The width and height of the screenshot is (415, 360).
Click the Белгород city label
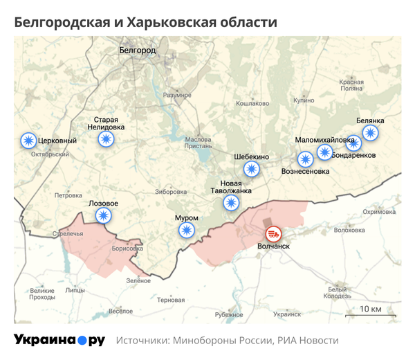tap(138, 51)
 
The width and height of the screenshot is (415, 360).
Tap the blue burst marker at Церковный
tap(28, 141)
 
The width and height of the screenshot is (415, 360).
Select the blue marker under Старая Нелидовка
tap(106, 139)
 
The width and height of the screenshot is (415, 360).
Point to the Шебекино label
tap(251, 156)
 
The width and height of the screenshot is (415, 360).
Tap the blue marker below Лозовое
tap(104, 216)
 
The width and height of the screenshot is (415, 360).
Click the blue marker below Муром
tap(185, 231)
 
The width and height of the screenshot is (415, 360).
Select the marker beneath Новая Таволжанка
tap(231, 203)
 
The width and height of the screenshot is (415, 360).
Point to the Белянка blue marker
tap(371, 133)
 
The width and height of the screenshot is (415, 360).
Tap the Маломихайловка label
tap(324, 140)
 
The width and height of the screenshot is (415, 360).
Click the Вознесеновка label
tap(306, 171)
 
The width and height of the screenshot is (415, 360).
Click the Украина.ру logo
tap(59, 341)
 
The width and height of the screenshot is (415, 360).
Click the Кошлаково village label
tap(252, 103)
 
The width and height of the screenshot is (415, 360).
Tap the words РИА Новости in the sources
tap(308, 341)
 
